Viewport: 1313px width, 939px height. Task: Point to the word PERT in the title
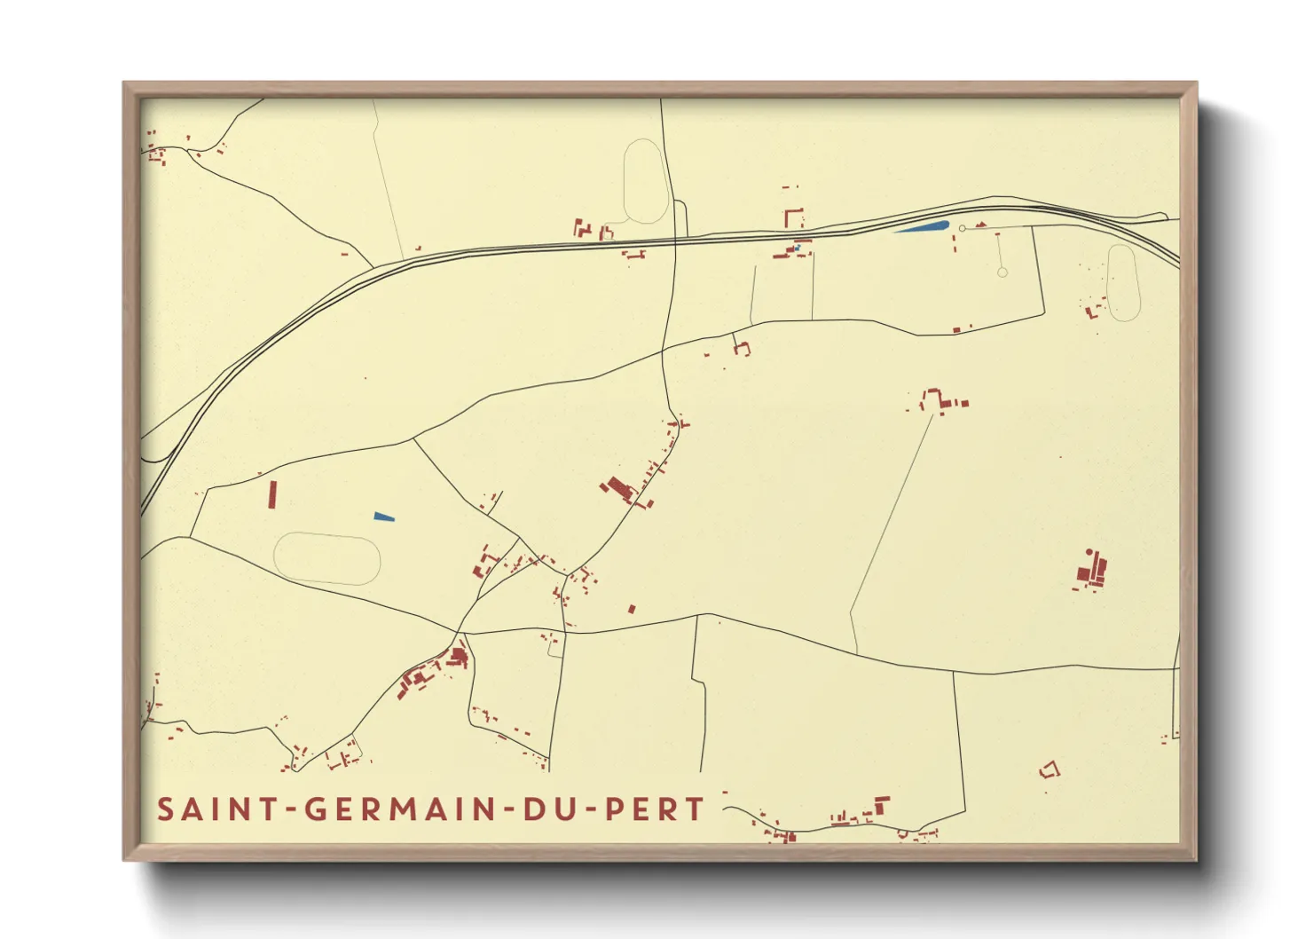click(x=655, y=809)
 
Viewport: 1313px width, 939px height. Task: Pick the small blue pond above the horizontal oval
click(x=383, y=517)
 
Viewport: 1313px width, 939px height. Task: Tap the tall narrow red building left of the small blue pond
click(x=272, y=494)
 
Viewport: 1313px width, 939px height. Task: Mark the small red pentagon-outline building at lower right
click(x=1050, y=769)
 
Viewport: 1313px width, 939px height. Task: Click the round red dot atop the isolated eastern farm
click(x=1089, y=552)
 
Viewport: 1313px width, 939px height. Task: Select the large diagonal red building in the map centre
click(x=617, y=487)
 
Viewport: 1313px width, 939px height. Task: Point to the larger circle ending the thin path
click(x=1002, y=272)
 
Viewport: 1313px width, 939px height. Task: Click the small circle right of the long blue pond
click(x=962, y=229)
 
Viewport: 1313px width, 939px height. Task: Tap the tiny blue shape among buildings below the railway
click(x=797, y=248)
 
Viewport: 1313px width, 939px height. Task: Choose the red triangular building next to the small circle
click(x=981, y=225)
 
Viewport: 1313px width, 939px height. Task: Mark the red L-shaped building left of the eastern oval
click(x=1091, y=312)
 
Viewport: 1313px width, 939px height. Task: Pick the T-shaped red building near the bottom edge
click(x=881, y=804)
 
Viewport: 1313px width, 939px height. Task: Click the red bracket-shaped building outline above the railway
click(x=792, y=217)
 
